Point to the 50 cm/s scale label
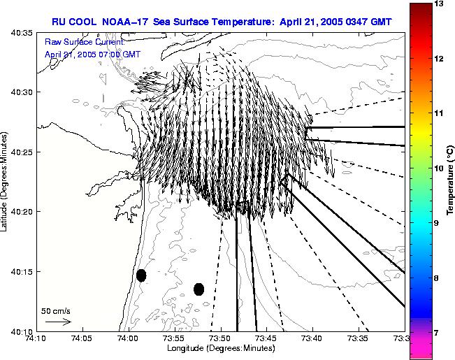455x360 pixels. (x=56, y=310)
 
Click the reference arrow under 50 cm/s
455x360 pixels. (x=57, y=322)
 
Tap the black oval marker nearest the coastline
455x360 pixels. (x=141, y=275)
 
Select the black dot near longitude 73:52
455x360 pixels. (x=198, y=289)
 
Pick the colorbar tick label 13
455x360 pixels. (x=439, y=3)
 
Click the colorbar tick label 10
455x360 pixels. (x=439, y=168)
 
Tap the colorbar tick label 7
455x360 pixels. (x=439, y=333)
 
